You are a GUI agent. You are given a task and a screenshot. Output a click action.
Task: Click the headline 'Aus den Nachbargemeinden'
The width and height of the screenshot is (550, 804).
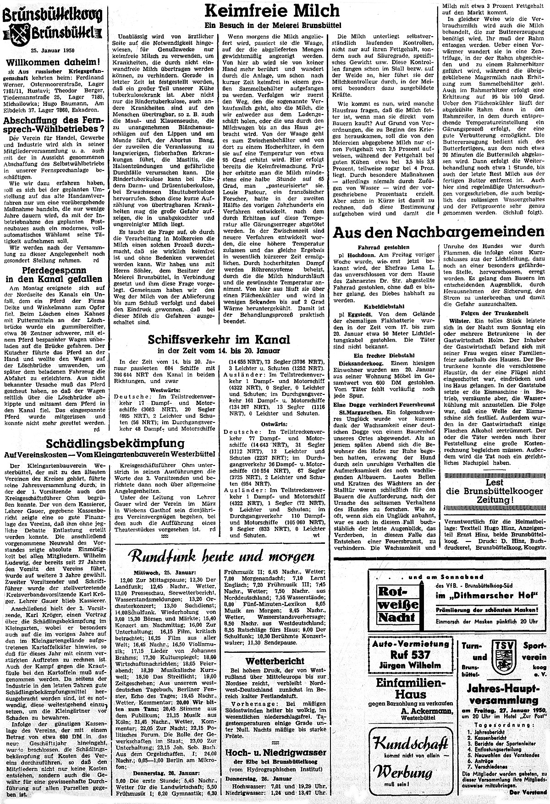[438, 231]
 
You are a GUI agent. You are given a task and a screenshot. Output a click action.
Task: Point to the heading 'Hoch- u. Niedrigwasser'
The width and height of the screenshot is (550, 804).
[275, 753]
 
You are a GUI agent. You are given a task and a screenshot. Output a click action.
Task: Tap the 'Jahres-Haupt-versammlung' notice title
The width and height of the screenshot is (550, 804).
[503, 694]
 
